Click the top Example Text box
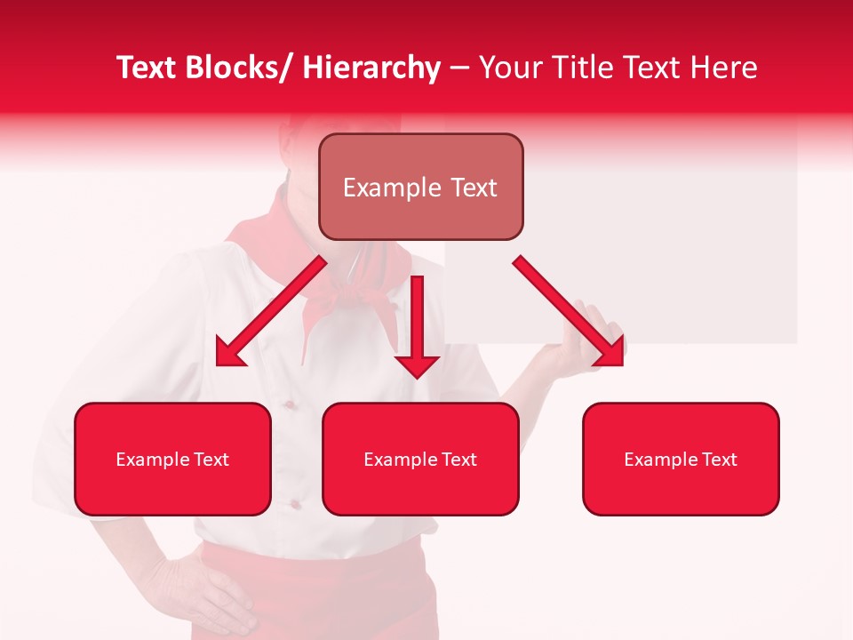point(420,187)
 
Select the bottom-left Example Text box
point(172,459)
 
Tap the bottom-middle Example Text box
point(420,459)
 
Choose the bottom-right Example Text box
point(681,459)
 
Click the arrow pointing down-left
point(271,311)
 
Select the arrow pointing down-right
point(569,311)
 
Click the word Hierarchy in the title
point(371,68)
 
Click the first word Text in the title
point(147,68)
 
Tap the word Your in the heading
point(510,68)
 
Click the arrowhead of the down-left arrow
point(229,353)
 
